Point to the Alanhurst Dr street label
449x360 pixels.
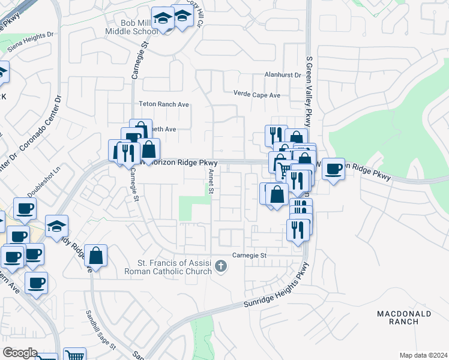[x=282, y=75]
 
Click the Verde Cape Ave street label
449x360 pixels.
[x=257, y=95]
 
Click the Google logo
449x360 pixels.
[x=19, y=353]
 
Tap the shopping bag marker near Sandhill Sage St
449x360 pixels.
[x=96, y=256]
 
